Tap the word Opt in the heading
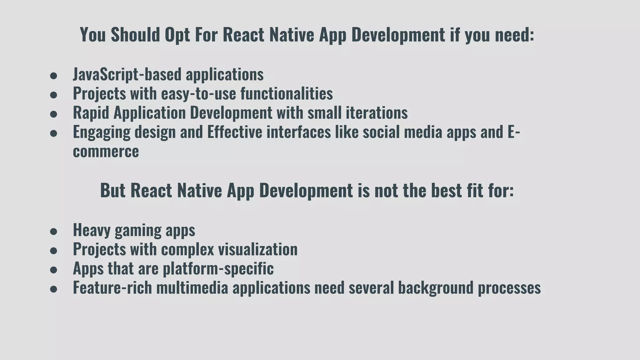pyautogui.click(x=177, y=35)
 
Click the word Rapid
pyautogui.click(x=91, y=113)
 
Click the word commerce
pyautogui.click(x=106, y=152)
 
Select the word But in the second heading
pyautogui.click(x=112, y=190)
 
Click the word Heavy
pyautogui.click(x=92, y=230)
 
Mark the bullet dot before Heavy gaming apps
pyautogui.click(x=53, y=232)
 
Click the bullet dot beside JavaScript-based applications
pyautogui.click(x=53, y=76)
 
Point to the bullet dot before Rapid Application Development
pyautogui.click(x=53, y=114)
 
